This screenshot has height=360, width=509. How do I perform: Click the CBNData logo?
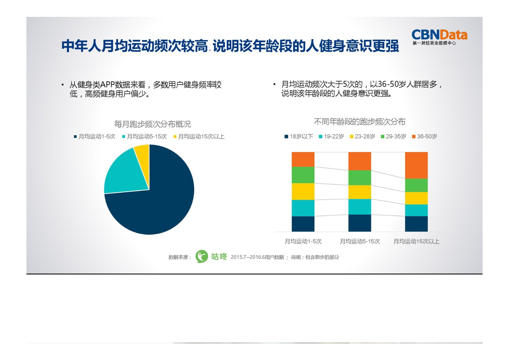439,37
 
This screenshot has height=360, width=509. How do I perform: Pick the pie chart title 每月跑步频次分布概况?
152,124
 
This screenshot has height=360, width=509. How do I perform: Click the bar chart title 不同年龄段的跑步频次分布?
359,121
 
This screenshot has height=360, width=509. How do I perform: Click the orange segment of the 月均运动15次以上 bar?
416,165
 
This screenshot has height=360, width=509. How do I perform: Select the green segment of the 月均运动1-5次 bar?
303,175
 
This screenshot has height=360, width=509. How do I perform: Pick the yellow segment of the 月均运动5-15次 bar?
359,192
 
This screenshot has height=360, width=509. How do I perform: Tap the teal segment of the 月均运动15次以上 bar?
416,210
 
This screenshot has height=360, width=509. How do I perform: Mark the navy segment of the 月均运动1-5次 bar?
303,224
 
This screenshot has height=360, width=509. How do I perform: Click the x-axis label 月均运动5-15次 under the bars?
360,241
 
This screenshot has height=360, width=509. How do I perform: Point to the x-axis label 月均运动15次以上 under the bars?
416,241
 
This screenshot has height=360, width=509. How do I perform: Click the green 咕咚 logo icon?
202,256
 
